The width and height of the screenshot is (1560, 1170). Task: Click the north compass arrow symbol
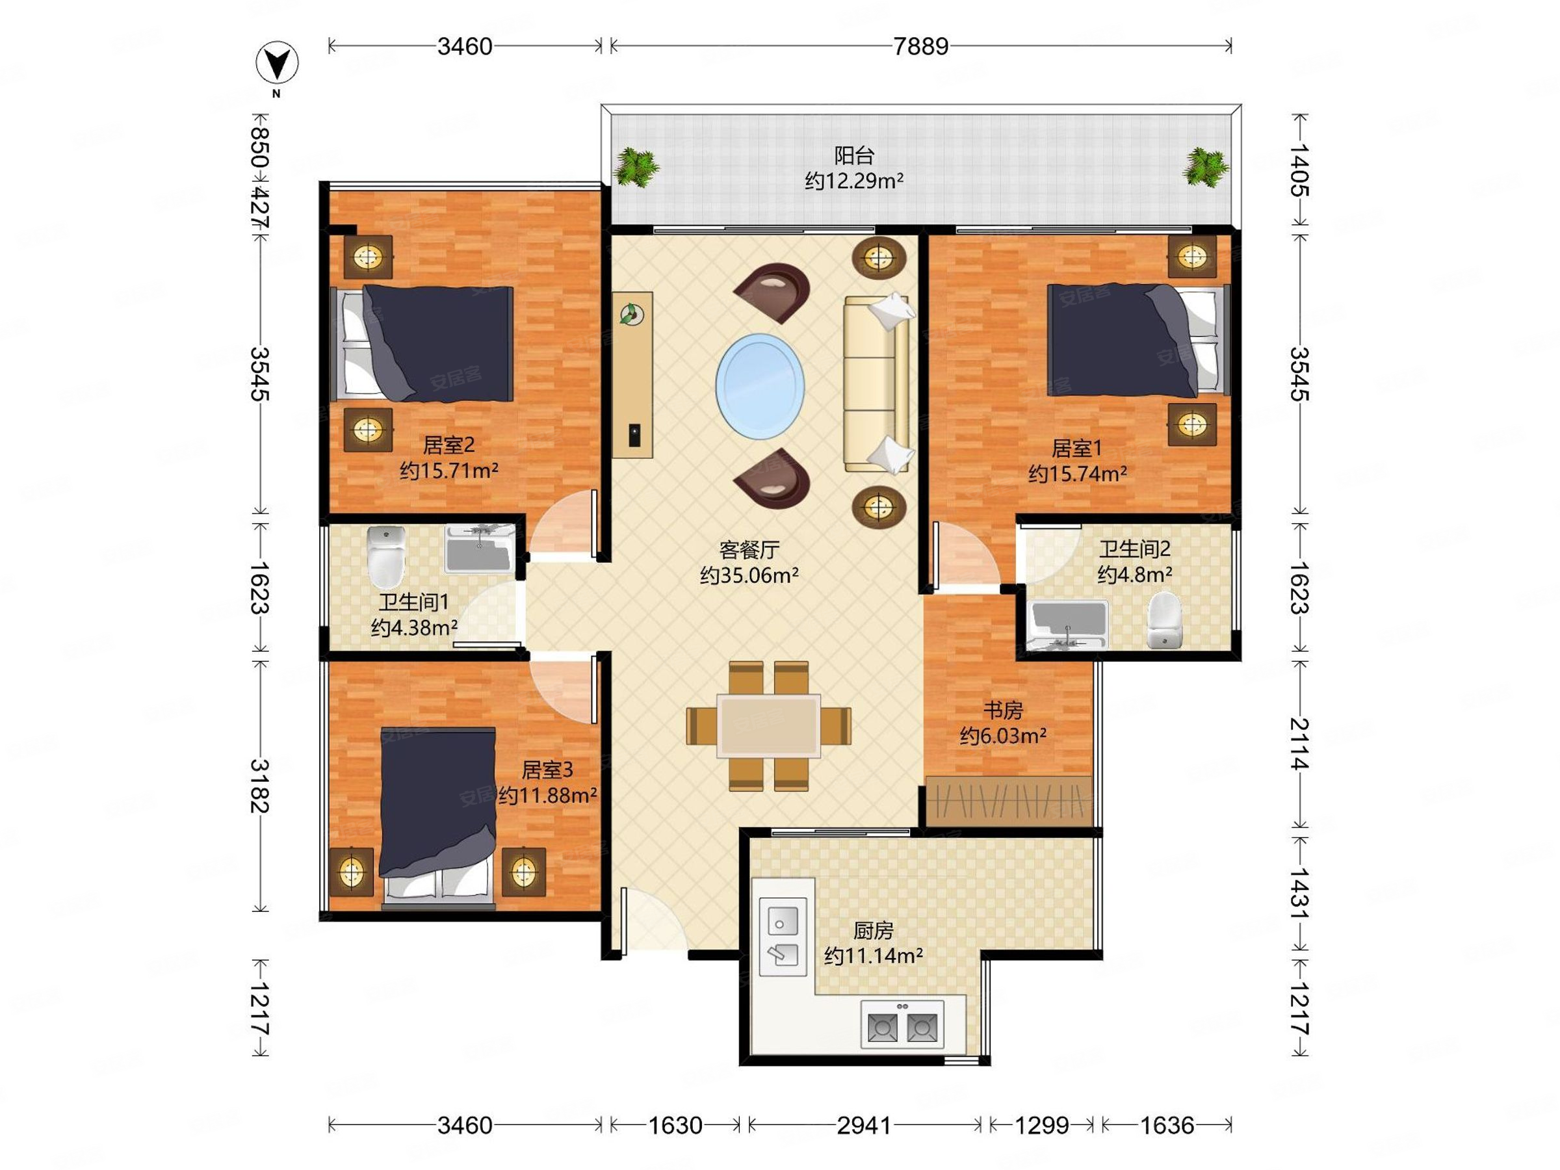point(277,63)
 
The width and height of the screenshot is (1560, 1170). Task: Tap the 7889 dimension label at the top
point(921,47)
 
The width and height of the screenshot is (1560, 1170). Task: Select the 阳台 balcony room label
point(854,155)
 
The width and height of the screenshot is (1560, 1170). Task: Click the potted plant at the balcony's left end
point(636,168)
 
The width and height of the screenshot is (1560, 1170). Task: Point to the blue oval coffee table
point(760,385)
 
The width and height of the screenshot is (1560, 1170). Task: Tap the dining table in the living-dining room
point(769,725)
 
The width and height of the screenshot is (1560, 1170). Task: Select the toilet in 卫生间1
point(387,557)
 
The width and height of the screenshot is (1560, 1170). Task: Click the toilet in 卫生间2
point(1163,620)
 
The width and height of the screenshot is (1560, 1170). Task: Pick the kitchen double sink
point(783,936)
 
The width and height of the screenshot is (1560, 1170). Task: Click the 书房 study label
point(1003,710)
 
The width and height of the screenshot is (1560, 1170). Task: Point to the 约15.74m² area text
point(1077,474)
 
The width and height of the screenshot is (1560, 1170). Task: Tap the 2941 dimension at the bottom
point(864,1126)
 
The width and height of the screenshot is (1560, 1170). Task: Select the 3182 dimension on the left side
point(259,786)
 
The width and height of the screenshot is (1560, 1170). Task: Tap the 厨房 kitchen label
point(873,931)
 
